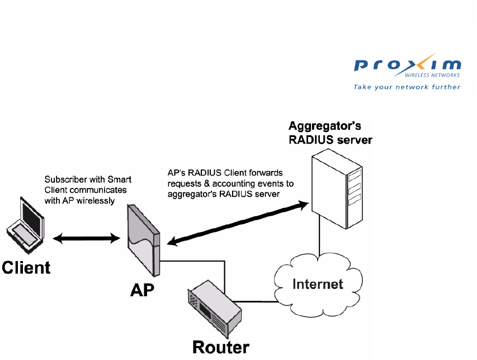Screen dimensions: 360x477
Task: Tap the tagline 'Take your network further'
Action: point(407,87)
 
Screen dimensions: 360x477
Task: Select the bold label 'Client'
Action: point(26,267)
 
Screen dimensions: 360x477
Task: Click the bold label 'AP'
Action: point(142,291)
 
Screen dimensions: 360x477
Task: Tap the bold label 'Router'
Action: point(221,347)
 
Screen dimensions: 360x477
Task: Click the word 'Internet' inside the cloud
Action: point(318,284)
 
